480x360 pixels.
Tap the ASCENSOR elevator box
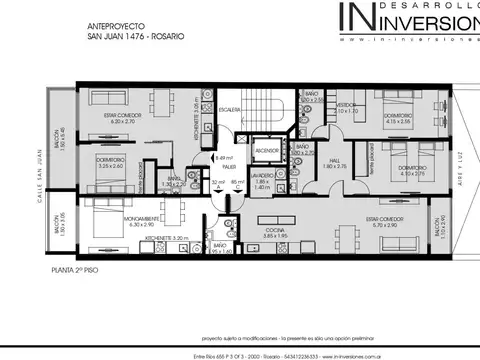click(266, 151)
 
